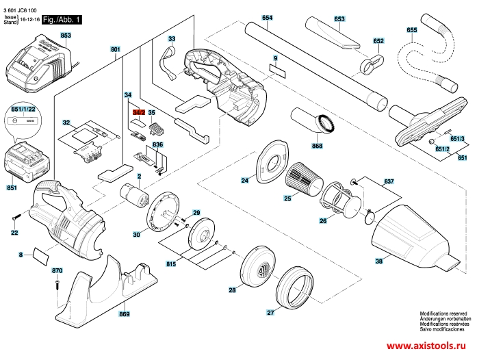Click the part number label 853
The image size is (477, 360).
[66, 34]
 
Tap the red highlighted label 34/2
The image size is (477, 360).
[138, 112]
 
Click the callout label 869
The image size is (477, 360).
[124, 314]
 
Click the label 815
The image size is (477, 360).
[170, 264]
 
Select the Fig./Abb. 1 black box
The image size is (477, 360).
[61, 21]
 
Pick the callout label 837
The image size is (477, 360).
[389, 181]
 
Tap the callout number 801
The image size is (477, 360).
[115, 50]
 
